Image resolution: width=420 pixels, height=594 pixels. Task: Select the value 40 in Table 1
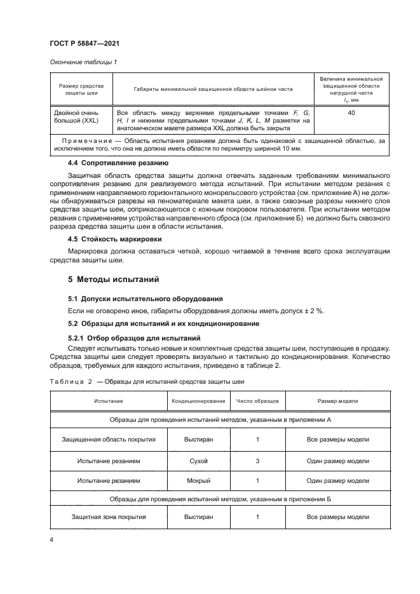[351, 112]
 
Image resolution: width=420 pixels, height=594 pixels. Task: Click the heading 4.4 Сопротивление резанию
[118, 163]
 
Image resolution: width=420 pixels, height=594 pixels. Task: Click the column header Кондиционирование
[198, 402]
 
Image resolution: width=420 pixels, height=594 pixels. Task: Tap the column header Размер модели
[337, 402]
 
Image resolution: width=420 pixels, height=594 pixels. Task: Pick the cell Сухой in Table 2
[198, 461]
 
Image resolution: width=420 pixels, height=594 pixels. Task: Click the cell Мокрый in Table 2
[198, 480]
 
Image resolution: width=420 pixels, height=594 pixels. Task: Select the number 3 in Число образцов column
[257, 461]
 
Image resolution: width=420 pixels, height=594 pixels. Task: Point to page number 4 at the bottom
[51, 540]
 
